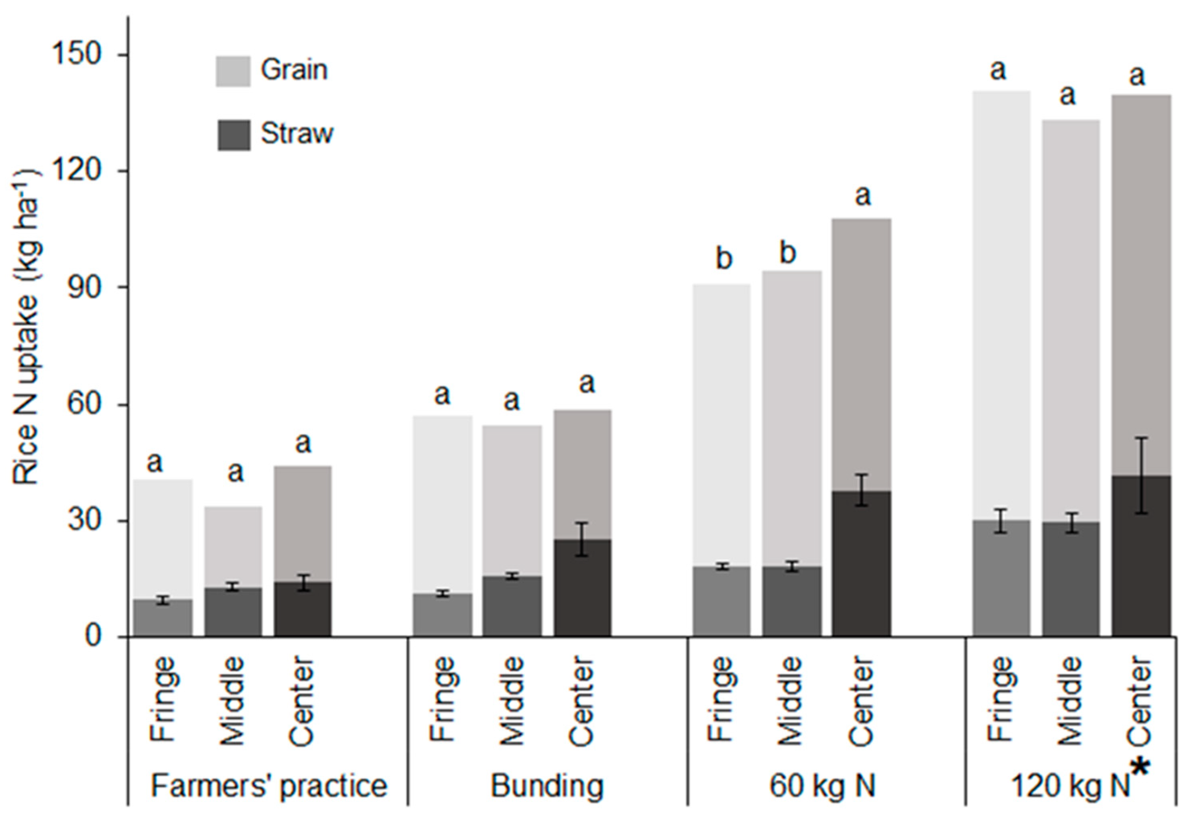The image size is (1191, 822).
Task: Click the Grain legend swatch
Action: [x=233, y=71]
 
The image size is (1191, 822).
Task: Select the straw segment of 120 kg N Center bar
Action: [x=1141, y=556]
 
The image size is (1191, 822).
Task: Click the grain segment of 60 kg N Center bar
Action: [x=861, y=355]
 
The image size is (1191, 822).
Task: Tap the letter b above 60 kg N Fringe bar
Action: [x=724, y=259]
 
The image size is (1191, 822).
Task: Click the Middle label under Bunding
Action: [x=511, y=700]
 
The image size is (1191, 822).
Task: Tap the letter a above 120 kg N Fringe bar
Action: [x=998, y=71]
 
